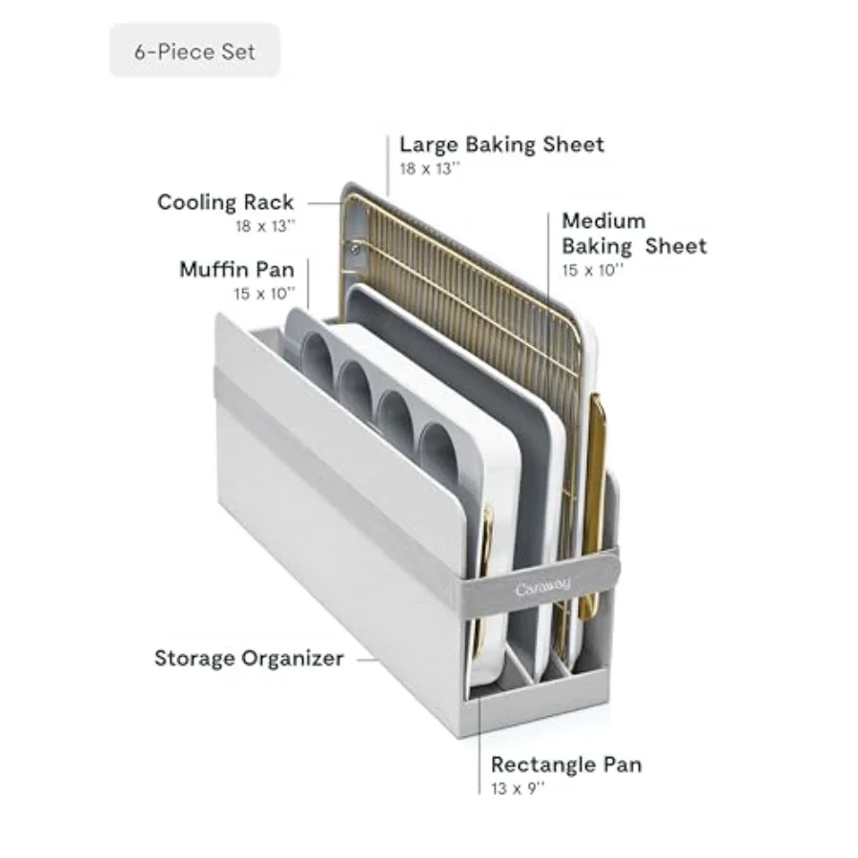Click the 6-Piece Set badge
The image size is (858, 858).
pos(194,51)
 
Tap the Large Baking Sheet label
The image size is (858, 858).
pos(501,145)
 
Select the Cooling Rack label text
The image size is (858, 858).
pos(225,202)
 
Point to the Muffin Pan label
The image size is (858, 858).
pos(237,270)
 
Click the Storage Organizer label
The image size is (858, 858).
pos(249,658)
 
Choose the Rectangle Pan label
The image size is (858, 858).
pos(566,765)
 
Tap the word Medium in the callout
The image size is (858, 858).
pos(603,221)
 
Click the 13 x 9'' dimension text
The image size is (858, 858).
pos(518,788)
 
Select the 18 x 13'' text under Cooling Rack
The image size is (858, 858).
pos(265,226)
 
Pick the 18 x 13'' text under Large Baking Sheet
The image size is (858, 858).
pos(430,169)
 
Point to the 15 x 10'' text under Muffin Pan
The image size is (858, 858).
pos(265,294)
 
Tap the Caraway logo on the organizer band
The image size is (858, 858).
pos(542,587)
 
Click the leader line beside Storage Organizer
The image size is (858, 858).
pos(367,660)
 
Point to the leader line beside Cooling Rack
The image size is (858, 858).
pos(324,203)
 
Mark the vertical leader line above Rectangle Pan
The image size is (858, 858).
pos(480,746)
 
